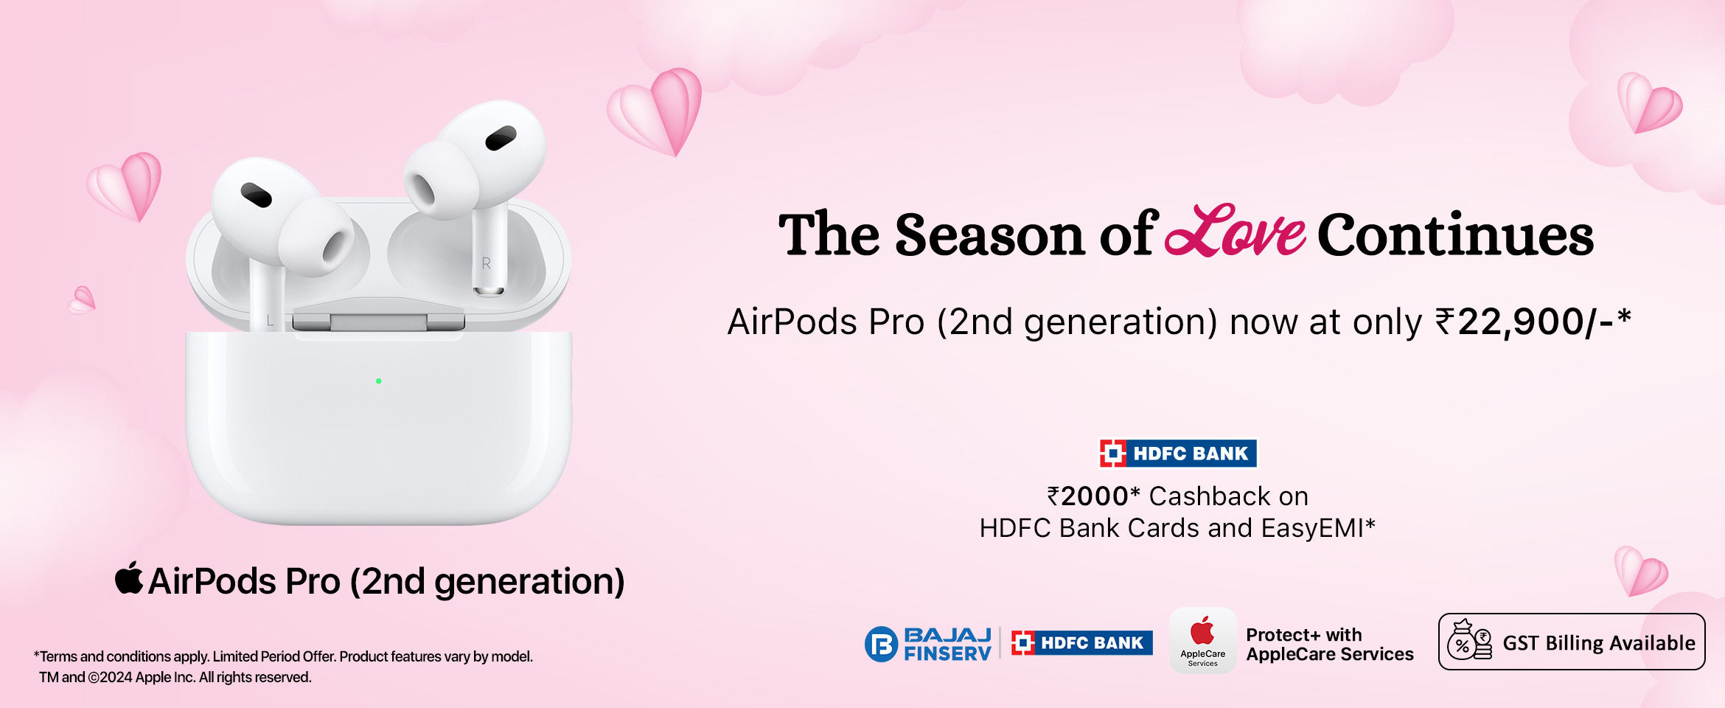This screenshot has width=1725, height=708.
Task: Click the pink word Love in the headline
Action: [1236, 232]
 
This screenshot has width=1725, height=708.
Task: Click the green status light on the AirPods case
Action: [379, 381]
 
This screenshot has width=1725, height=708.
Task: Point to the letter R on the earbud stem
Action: [486, 263]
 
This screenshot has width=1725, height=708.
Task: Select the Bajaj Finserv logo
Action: [928, 644]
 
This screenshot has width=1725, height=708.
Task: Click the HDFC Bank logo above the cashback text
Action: [1178, 454]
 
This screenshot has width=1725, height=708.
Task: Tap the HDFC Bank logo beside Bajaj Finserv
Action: [1081, 643]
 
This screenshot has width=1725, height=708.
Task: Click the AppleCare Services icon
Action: [1202, 640]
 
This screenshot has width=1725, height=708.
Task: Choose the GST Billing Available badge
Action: [1572, 642]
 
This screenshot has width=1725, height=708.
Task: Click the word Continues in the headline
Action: [1455, 235]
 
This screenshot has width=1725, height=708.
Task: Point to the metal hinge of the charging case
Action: [379, 322]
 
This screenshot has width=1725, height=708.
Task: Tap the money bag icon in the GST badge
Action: [1469, 640]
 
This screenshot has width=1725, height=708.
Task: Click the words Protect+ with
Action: [1304, 635]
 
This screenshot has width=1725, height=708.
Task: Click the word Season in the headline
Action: [989, 235]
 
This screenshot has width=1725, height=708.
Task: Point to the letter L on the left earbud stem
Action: [270, 321]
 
